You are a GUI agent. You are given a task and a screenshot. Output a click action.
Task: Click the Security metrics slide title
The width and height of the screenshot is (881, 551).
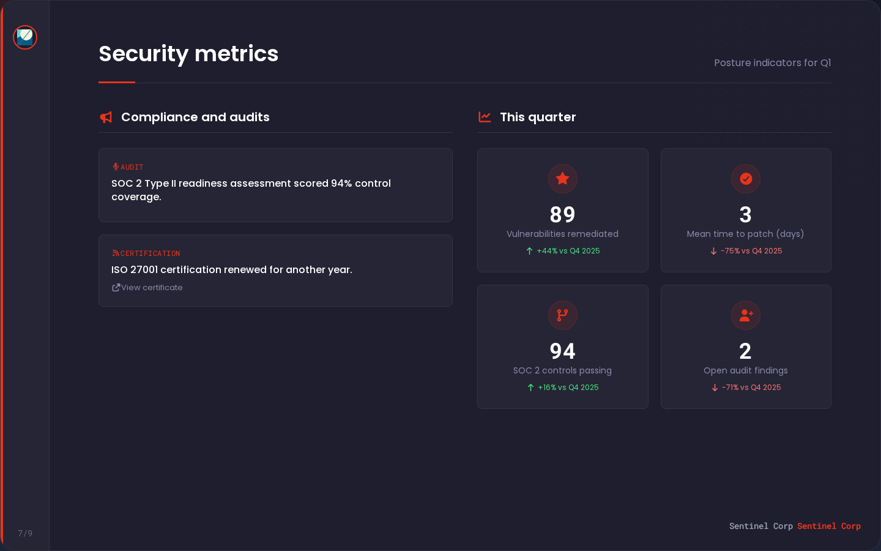[x=188, y=54]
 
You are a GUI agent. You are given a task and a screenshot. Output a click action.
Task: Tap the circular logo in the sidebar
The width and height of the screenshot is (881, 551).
[x=25, y=37]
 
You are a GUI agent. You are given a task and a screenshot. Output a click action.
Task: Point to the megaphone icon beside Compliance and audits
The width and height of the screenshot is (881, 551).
[x=106, y=117]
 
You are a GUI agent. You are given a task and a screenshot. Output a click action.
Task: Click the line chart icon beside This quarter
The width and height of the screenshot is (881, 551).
[x=485, y=117]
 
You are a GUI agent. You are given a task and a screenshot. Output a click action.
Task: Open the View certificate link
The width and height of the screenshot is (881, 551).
[x=147, y=288]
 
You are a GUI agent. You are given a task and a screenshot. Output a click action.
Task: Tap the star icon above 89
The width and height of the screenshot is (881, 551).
[x=563, y=179]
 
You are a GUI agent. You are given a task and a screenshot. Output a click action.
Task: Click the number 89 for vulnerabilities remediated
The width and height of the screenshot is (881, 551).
[x=563, y=215]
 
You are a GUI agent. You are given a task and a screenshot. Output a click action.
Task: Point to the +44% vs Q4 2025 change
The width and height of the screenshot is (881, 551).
[x=563, y=251]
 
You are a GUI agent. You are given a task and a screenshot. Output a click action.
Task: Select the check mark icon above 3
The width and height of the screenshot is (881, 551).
[x=746, y=179]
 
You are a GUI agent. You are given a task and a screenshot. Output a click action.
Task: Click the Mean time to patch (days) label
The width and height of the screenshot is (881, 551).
[x=745, y=234]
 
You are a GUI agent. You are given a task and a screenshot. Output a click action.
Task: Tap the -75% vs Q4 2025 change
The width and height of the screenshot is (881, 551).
[x=746, y=251]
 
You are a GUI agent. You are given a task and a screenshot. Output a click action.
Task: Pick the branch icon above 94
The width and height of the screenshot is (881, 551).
[x=563, y=315]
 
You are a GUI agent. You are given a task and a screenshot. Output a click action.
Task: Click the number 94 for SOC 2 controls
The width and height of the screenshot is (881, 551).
[x=563, y=351]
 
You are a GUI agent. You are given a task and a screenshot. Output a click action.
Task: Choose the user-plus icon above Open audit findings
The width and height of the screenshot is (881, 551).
[x=746, y=315]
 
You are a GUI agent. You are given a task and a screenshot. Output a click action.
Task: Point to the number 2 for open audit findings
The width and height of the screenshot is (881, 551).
[x=745, y=351]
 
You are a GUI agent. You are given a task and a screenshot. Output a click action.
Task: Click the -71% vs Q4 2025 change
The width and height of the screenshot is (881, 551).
[x=746, y=388]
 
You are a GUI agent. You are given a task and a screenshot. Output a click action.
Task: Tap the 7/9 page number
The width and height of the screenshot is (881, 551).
[x=25, y=533]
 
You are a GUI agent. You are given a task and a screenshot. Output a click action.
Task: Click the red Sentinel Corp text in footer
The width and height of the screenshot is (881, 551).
[x=828, y=527]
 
